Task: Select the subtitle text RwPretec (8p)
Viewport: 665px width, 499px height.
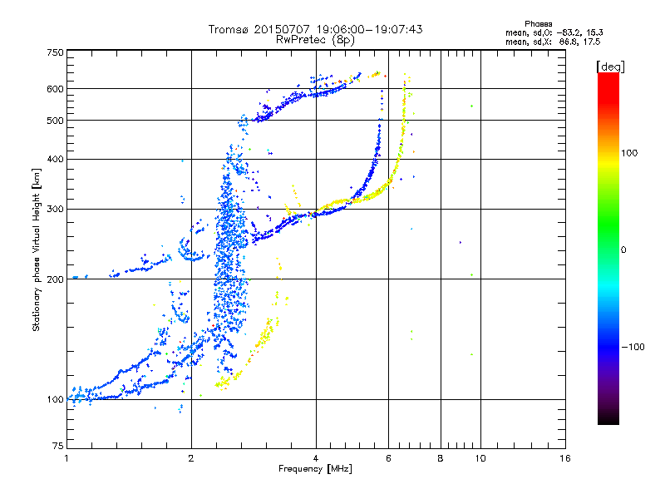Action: pyautogui.click(x=315, y=40)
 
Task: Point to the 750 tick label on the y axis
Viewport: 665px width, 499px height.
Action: pyautogui.click(x=56, y=52)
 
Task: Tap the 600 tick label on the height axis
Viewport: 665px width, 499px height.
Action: pyautogui.click(x=56, y=89)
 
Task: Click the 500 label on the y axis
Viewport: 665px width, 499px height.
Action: pyautogui.click(x=56, y=121)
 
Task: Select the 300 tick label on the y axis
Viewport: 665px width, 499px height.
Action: pyautogui.click(x=56, y=210)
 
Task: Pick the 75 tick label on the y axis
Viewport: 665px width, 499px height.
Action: pyautogui.click(x=58, y=446)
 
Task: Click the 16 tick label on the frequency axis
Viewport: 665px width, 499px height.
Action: pyautogui.click(x=565, y=458)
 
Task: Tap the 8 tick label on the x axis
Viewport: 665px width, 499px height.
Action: pyautogui.click(x=441, y=458)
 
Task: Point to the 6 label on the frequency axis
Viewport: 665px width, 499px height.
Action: pyautogui.click(x=388, y=458)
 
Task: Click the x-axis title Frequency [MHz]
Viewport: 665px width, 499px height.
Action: pyautogui.click(x=315, y=469)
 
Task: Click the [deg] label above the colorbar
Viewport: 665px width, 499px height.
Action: pyautogui.click(x=610, y=67)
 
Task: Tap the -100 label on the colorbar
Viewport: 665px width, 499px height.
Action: pyautogui.click(x=633, y=347)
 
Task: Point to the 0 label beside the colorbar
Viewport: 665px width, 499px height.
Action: pyautogui.click(x=623, y=250)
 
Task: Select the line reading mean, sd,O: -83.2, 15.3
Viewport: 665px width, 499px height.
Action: pyautogui.click(x=554, y=32)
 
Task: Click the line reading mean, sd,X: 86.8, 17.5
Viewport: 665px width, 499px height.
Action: pyautogui.click(x=553, y=42)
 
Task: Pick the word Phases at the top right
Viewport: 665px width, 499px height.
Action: pyautogui.click(x=539, y=24)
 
